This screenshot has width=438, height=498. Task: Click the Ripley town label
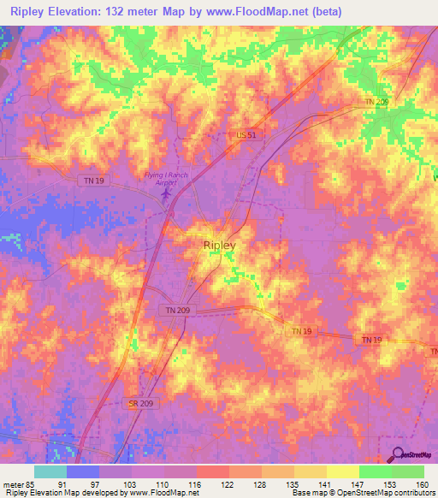click(x=220, y=245)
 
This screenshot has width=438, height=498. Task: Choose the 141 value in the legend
click(x=323, y=483)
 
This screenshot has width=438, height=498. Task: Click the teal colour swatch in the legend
click(x=50, y=471)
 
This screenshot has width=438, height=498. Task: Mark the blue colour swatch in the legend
click(x=82, y=471)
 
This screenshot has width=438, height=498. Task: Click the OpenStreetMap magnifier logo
click(x=398, y=454)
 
